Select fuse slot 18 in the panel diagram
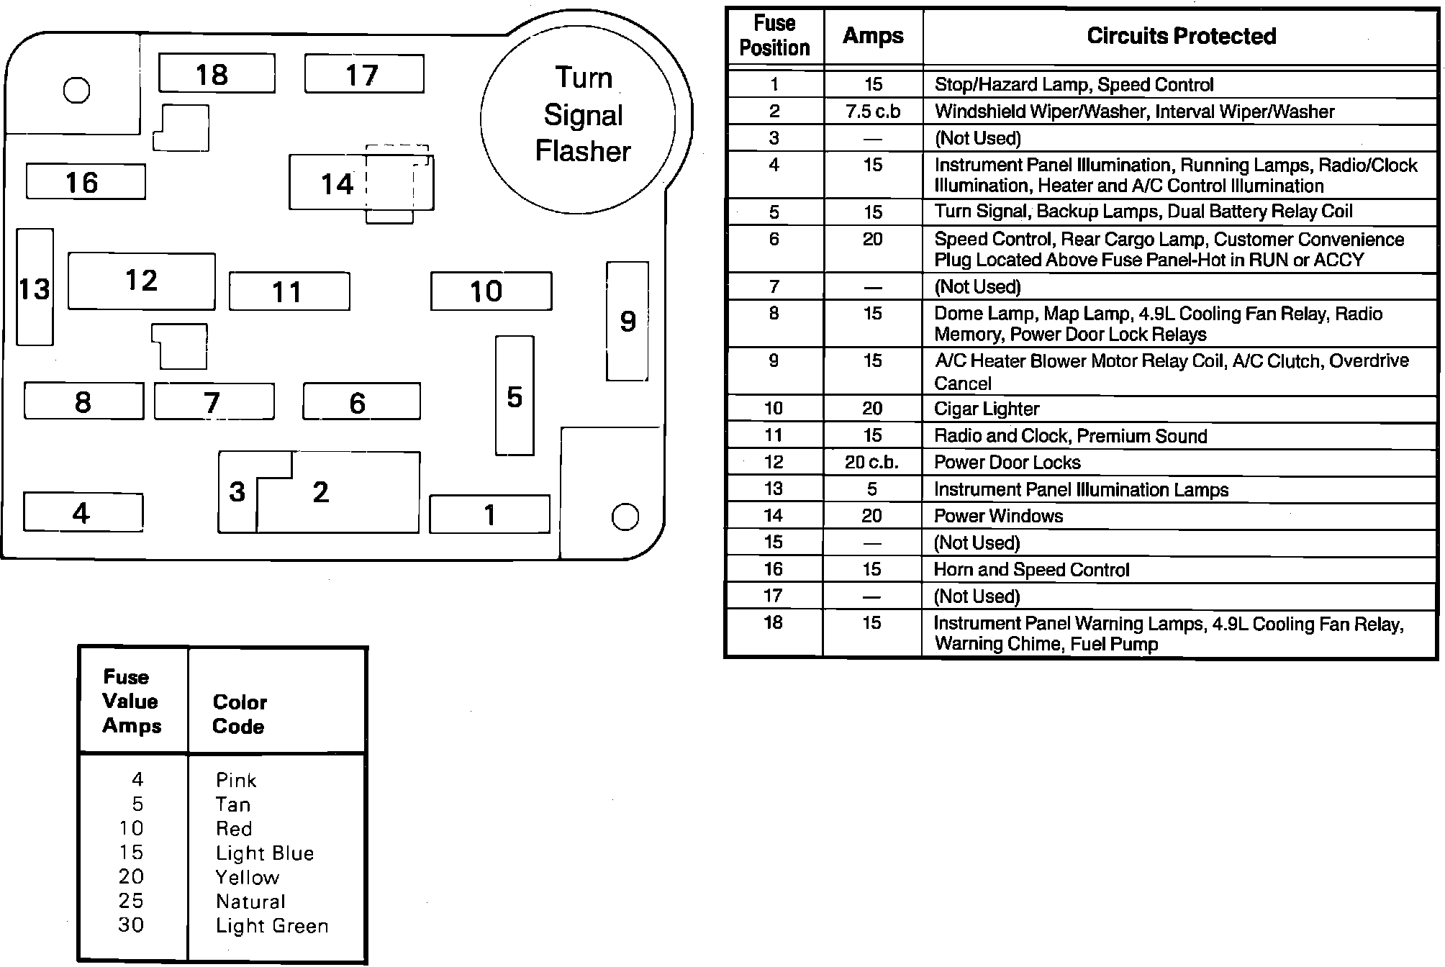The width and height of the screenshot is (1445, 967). click(x=216, y=73)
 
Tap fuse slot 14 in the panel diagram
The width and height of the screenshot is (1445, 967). click(x=337, y=183)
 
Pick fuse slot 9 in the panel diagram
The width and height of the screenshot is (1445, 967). click(x=628, y=321)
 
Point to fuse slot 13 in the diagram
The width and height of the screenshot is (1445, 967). click(x=35, y=288)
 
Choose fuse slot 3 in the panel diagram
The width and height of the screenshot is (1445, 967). click(x=237, y=493)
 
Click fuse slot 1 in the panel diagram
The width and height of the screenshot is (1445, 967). click(x=489, y=514)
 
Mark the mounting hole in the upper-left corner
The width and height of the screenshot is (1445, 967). click(x=77, y=90)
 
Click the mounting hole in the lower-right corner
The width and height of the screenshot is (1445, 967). click(x=625, y=517)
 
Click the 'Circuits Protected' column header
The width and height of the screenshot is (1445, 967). click(x=1180, y=36)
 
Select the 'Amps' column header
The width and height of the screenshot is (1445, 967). click(x=873, y=36)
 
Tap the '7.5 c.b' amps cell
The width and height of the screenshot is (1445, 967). click(x=873, y=112)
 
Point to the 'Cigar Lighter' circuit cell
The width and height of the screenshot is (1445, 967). click(x=987, y=409)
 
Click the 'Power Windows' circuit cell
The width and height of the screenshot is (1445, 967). click(x=998, y=516)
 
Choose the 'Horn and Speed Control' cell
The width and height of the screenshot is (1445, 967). click(x=1031, y=570)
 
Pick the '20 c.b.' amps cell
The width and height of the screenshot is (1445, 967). click(x=872, y=462)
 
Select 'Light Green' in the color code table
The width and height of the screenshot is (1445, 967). click(x=272, y=926)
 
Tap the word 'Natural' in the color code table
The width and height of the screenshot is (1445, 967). click(x=250, y=902)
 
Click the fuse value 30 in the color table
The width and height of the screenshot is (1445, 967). click(x=131, y=925)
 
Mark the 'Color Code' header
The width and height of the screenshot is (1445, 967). click(x=239, y=714)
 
